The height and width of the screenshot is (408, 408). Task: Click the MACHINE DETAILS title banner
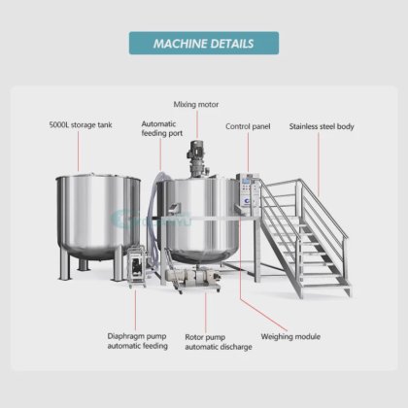(x=204, y=43)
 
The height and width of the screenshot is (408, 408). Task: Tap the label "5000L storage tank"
(x=81, y=124)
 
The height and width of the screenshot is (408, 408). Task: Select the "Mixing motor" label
(x=196, y=104)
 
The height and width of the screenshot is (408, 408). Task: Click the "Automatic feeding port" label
(x=162, y=128)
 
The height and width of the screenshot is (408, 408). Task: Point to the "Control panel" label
(x=248, y=126)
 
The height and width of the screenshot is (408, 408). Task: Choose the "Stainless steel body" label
(x=322, y=126)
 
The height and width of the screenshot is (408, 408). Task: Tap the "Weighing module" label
(x=290, y=337)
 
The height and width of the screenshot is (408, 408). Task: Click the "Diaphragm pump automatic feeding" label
(x=138, y=341)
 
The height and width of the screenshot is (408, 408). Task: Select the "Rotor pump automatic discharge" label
(x=219, y=342)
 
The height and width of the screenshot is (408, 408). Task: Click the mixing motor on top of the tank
(x=196, y=158)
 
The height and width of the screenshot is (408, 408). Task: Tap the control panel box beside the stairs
(x=248, y=191)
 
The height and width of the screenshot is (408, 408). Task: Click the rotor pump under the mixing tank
(x=193, y=278)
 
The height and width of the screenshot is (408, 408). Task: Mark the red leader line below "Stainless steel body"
(x=319, y=164)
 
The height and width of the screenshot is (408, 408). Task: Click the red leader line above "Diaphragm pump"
(x=135, y=310)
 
